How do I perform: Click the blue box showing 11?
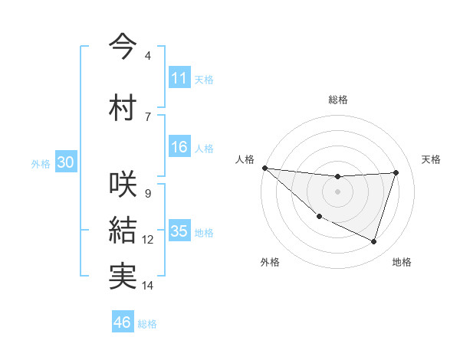point(179,78)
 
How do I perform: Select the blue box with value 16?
point(179,148)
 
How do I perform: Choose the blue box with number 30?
point(65,163)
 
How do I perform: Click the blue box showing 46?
point(123,322)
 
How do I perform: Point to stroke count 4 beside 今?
point(147,56)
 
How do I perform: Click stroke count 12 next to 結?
point(148,240)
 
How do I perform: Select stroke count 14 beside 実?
point(148,286)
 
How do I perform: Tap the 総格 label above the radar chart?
point(338,100)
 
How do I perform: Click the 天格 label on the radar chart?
point(432,159)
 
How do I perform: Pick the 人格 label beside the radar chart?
point(245,159)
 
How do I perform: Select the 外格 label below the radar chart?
point(269,262)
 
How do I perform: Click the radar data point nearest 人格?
point(264,168)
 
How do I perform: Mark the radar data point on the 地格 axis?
point(373,241)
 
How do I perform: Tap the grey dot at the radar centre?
point(337,191)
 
